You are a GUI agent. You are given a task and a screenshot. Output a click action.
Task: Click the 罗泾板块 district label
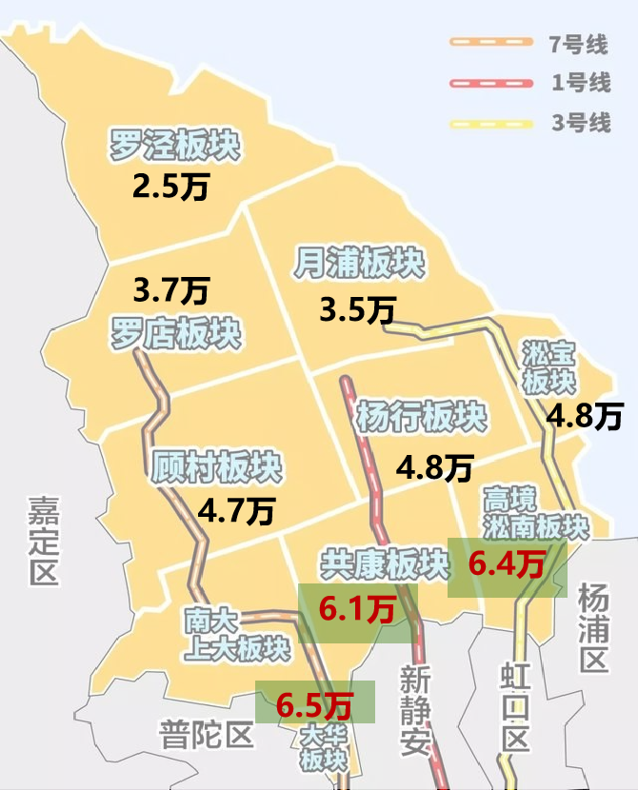click(174, 147)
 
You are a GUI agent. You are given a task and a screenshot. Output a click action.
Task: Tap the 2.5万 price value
click(170, 186)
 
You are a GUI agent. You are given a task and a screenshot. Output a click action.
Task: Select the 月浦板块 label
click(359, 264)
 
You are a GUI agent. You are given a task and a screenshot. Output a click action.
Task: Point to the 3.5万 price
click(358, 309)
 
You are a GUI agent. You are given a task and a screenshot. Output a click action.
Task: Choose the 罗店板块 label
click(175, 333)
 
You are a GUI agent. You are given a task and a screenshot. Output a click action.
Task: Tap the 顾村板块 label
click(216, 468)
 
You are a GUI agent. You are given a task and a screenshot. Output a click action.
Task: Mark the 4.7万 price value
click(236, 512)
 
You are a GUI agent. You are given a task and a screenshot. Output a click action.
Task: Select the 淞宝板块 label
click(549, 367)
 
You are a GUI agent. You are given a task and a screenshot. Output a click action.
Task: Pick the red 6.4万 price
click(508, 565)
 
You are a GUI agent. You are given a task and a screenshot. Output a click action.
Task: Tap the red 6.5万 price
click(315, 705)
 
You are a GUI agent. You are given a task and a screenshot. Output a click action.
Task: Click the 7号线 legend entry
click(533, 42)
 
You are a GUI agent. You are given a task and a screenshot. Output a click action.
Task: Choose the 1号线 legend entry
click(533, 83)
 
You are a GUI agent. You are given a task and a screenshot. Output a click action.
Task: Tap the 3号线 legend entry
click(533, 124)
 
